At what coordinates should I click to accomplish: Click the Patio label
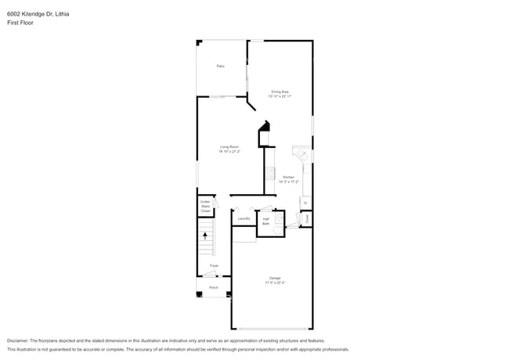pos(221,67)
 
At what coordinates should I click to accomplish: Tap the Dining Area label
pos(280,92)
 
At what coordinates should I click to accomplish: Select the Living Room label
pos(229,146)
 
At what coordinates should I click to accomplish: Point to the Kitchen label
pos(288,177)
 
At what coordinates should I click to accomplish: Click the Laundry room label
pos(244,218)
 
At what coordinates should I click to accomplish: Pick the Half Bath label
pos(266,221)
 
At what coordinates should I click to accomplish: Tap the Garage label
pos(275,278)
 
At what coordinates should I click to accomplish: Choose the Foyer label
pos(214,266)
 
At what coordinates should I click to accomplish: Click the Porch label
pos(214,288)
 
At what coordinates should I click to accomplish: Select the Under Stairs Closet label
pos(205,207)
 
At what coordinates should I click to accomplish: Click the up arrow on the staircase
pos(206,234)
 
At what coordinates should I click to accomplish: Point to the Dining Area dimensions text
pos(280,96)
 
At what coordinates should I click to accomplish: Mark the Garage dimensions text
pos(275,283)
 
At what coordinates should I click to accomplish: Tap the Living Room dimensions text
pos(229,151)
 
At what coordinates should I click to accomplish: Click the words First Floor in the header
pos(20,23)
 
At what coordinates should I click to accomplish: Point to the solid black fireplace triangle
pos(266,126)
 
